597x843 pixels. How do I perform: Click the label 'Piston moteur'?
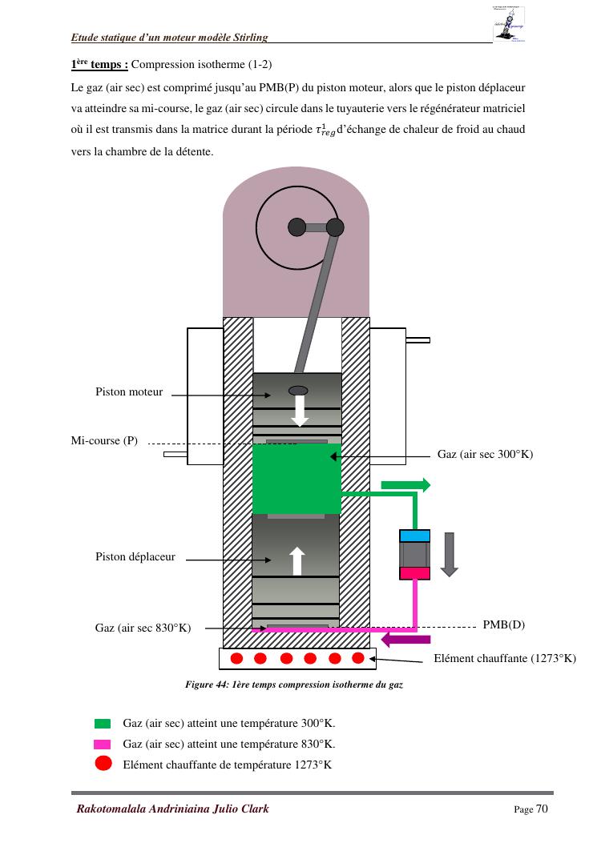pyautogui.click(x=128, y=392)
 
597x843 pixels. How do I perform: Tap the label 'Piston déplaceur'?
pyautogui.click(x=135, y=557)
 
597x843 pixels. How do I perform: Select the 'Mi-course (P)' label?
pyautogui.click(x=104, y=441)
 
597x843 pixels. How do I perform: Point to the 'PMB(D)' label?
pyautogui.click(x=503, y=624)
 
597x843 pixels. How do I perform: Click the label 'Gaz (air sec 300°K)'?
pyautogui.click(x=485, y=454)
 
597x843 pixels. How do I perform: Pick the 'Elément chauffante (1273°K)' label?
pyautogui.click(x=504, y=659)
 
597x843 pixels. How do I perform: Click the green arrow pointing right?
pyautogui.click(x=405, y=484)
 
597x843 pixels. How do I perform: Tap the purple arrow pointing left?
pyautogui.click(x=405, y=639)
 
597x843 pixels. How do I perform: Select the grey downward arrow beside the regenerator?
pyautogui.click(x=449, y=553)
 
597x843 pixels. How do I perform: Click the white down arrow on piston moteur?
pyautogui.click(x=299, y=411)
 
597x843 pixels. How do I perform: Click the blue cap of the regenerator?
pyautogui.click(x=414, y=536)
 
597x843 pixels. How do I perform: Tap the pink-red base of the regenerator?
pyautogui.click(x=414, y=572)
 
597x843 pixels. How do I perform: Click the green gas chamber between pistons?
pyautogui.click(x=296, y=479)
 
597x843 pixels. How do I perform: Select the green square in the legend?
pyautogui.click(x=103, y=723)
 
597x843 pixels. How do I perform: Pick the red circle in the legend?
pyautogui.click(x=103, y=763)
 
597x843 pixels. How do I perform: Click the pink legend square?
pyautogui.click(x=103, y=744)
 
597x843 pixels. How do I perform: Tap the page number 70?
pyautogui.click(x=542, y=809)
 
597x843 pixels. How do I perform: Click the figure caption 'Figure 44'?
pyautogui.click(x=293, y=685)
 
